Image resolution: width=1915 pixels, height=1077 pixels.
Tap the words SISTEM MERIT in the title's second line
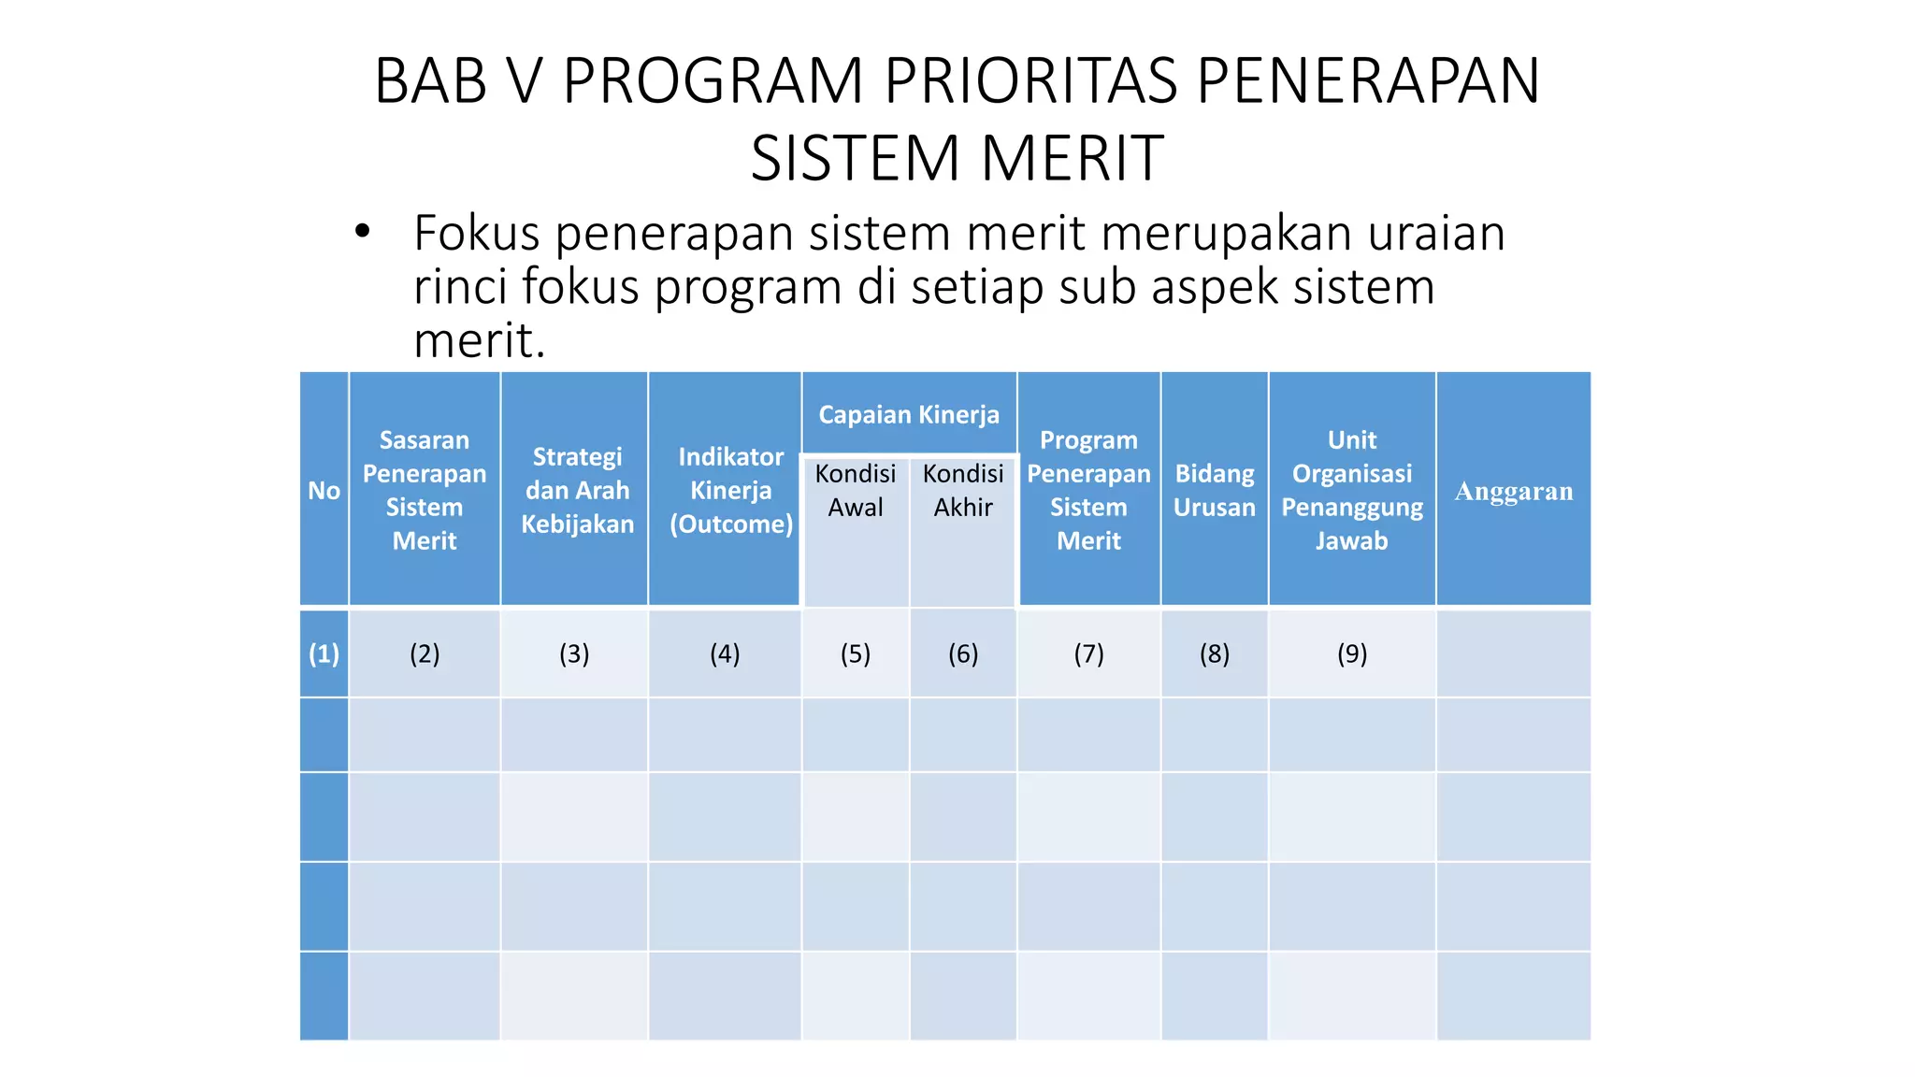click(957, 158)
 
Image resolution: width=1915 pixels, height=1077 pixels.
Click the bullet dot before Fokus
click(363, 231)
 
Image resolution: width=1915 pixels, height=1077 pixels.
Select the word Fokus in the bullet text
click(477, 233)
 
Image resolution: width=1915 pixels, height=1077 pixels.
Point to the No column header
click(324, 491)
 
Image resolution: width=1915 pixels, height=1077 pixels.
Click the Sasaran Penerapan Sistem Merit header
click(425, 490)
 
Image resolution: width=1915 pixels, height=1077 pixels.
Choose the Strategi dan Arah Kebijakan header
click(577, 490)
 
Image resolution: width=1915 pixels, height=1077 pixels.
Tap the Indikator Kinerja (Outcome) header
click(730, 490)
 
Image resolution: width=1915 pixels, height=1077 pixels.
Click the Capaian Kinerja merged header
click(909, 414)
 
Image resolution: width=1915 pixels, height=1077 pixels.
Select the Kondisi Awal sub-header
click(856, 490)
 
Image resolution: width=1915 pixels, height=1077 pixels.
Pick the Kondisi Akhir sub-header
click(963, 490)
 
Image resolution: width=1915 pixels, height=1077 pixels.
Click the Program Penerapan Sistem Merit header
click(1088, 490)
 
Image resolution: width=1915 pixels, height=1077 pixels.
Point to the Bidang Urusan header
click(1214, 490)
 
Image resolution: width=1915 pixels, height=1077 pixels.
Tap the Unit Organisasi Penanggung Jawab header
click(1352, 490)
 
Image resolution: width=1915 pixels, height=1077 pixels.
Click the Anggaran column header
click(1513, 491)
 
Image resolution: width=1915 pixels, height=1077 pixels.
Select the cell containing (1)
click(324, 653)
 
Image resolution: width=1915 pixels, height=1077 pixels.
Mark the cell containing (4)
click(725, 653)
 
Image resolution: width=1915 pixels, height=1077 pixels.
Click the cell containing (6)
click(963, 653)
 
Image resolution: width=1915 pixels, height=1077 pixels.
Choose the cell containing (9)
click(1352, 653)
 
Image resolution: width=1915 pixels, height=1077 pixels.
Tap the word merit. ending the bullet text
click(479, 340)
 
